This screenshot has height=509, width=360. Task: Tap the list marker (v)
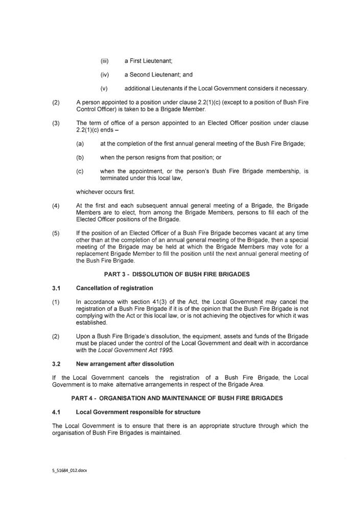[105, 88]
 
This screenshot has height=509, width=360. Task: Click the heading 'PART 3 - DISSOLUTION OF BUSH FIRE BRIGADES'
[177, 274]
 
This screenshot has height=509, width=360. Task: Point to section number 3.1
[57, 288]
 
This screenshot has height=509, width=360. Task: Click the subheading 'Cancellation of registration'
[114, 288]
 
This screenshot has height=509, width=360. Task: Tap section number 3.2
[57, 364]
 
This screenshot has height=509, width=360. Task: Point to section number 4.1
[57, 412]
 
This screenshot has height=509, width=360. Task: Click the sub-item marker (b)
[80, 158]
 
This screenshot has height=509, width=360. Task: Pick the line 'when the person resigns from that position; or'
[160, 158]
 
